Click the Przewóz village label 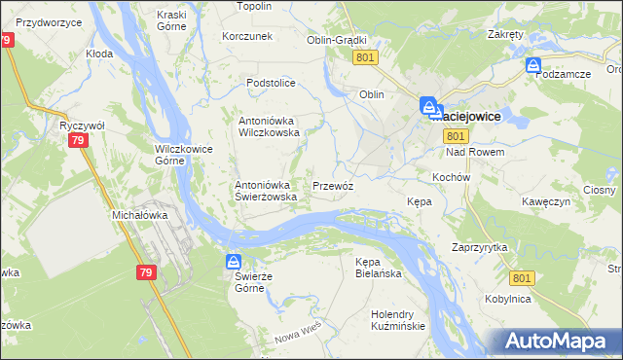pos(332,185)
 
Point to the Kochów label pos(451,178)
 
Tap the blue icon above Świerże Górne pos(234,262)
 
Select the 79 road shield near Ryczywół pos(79,142)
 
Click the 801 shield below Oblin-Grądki pos(365,58)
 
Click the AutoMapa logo pos(556,341)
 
